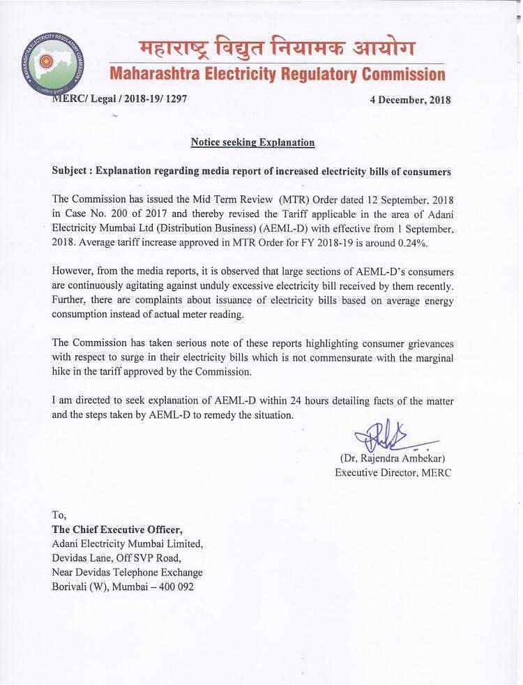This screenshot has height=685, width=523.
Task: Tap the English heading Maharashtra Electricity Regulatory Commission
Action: tap(277, 74)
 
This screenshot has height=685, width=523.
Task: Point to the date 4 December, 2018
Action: tap(410, 100)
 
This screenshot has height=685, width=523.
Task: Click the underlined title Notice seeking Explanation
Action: tap(253, 142)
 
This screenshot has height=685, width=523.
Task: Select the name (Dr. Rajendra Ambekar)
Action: tap(392, 459)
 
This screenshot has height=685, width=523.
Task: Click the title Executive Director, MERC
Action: tap(393, 472)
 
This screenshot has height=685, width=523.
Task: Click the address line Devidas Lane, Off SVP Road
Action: tap(117, 558)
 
